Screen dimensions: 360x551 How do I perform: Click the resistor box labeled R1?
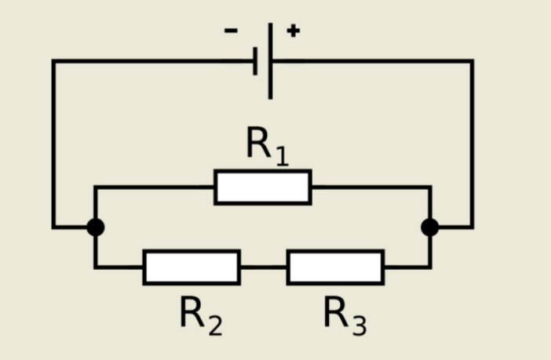263,187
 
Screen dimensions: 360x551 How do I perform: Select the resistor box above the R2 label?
192,267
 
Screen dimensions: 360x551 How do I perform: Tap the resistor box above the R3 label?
335,267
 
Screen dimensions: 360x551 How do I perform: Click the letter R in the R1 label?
259,143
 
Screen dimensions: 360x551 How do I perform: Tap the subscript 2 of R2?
215,325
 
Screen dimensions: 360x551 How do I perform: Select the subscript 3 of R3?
359,325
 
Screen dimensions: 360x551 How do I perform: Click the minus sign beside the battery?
231,31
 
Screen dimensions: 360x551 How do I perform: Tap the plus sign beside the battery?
293,31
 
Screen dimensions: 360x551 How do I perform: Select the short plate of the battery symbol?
256,60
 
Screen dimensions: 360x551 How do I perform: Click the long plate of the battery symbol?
271,60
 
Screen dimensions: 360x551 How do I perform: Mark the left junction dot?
95,227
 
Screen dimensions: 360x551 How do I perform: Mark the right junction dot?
430,227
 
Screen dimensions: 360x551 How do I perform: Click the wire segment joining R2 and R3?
264,267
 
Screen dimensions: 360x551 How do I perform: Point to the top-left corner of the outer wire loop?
54,60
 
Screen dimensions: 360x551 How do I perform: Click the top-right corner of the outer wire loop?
472,60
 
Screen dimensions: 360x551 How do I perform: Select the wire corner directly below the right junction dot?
430,267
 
